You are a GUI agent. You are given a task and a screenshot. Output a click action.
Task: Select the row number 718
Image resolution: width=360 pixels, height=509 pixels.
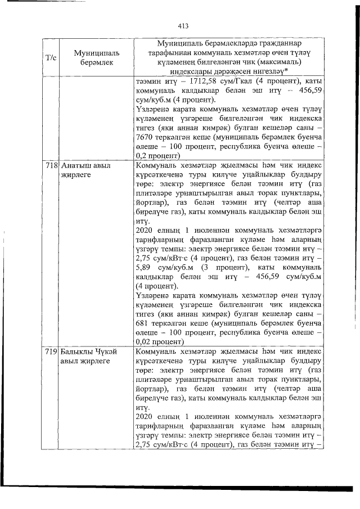click(52, 166)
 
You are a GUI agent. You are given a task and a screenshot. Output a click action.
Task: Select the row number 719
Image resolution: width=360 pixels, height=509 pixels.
click(52, 351)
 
